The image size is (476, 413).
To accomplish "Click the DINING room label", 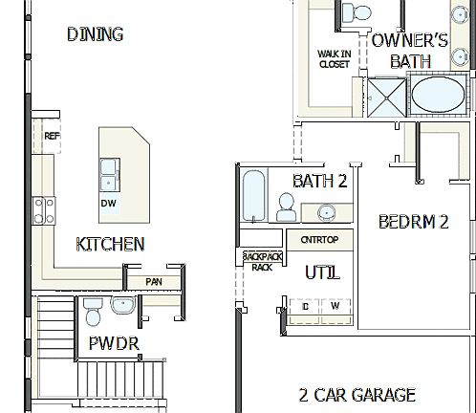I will pos(95,34).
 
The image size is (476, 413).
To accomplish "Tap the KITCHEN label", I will pos(111,244).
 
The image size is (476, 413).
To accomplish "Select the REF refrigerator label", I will pos(52,136).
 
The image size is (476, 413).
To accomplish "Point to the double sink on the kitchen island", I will pos(109,175).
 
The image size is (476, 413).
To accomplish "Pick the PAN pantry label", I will pos(153,281).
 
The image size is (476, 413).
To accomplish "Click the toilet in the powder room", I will pos(93,311).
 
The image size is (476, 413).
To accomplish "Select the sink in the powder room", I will pos(124,306).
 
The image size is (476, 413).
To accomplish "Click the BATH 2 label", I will pos(319,181).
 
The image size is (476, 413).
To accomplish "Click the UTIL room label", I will pos(322,273).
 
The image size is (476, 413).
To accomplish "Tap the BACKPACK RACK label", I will pos(261,262).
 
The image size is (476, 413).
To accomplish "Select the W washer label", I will pos(335,306).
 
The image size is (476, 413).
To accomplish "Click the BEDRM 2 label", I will pos(414,222).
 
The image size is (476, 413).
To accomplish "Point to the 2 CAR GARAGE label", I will pos(357,394).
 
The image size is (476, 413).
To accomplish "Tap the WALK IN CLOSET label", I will pos(334,58).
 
